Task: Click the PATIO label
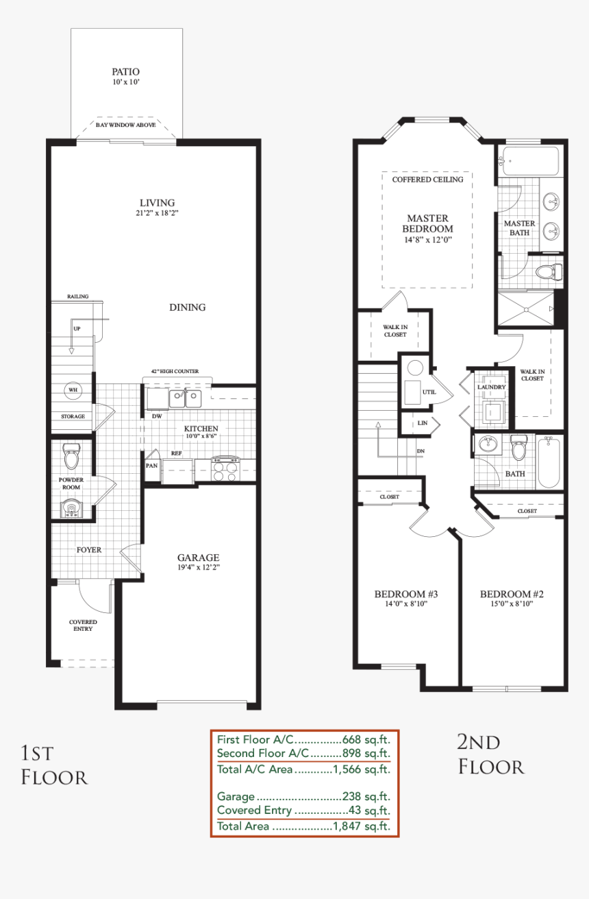pyautogui.click(x=125, y=72)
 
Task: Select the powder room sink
pyautogui.click(x=71, y=508)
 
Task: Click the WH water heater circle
pyautogui.click(x=73, y=389)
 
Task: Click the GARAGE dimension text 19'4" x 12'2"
pyautogui.click(x=199, y=568)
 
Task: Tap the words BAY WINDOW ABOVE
pyautogui.click(x=125, y=125)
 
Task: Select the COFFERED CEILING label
pyautogui.click(x=427, y=180)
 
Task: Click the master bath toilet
pyautogui.click(x=549, y=272)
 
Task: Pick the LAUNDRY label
pyautogui.click(x=492, y=387)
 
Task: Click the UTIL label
pyautogui.click(x=429, y=392)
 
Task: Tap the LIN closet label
pyautogui.click(x=423, y=422)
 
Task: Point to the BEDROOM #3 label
pyautogui.click(x=405, y=594)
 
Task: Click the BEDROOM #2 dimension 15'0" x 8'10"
pyautogui.click(x=512, y=603)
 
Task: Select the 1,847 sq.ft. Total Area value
pyautogui.click(x=361, y=826)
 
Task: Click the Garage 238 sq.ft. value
pyautogui.click(x=366, y=796)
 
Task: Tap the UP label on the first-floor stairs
pyautogui.click(x=77, y=328)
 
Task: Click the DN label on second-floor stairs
pyautogui.click(x=421, y=451)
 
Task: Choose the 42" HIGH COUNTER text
pyautogui.click(x=175, y=371)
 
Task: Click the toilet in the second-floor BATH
pyautogui.click(x=518, y=449)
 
